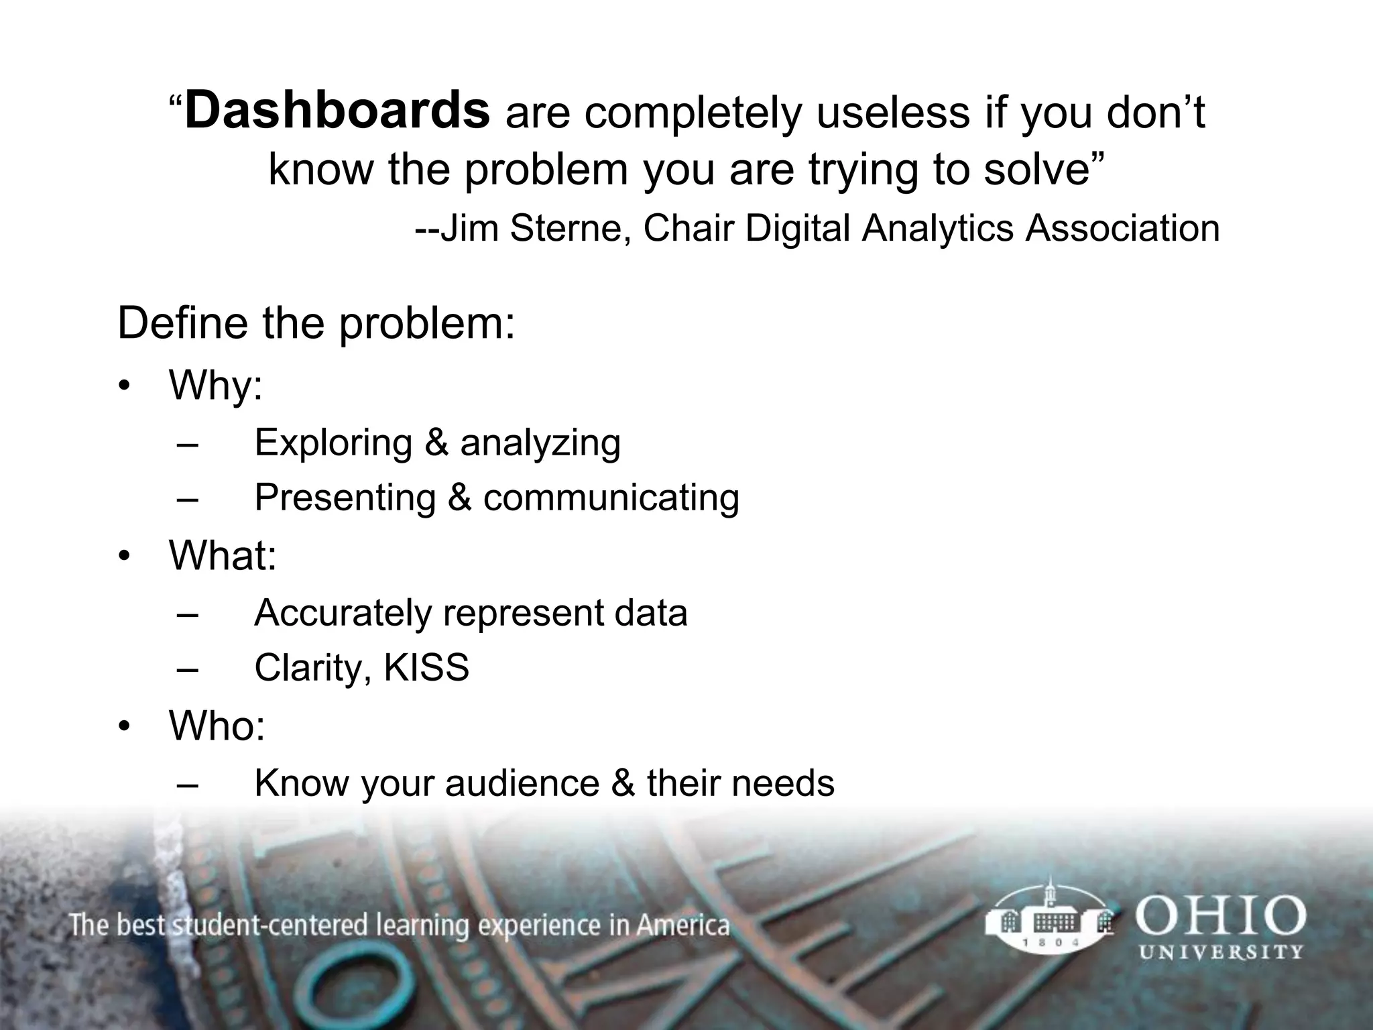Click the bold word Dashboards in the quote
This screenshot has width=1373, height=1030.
pos(337,111)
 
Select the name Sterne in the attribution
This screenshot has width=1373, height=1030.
pos(569,228)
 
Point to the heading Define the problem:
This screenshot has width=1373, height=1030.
pos(316,323)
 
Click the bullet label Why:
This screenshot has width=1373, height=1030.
pos(215,386)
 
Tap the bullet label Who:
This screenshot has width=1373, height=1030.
pos(217,726)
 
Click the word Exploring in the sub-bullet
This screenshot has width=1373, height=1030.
pos(333,443)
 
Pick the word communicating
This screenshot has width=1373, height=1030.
pos(611,498)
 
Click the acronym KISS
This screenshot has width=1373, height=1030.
pos(426,668)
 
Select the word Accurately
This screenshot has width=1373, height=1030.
pos(343,613)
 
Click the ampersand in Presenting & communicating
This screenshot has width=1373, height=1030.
pos(459,498)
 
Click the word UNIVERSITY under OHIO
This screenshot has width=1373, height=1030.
pos(1221,952)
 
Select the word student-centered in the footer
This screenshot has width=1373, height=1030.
pos(271,926)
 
